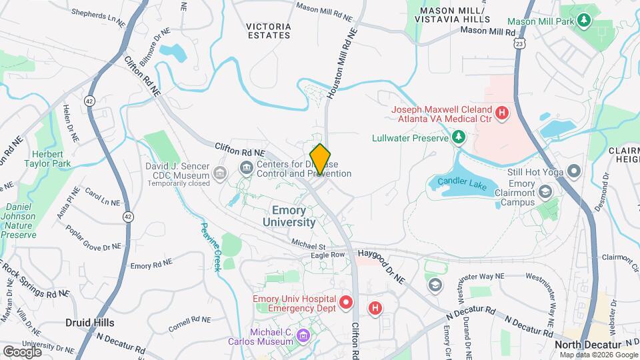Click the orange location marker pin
[320, 159]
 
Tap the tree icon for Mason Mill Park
[584, 20]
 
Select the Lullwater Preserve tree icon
[459, 137]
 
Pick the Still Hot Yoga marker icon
[574, 172]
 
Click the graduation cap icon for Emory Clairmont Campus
[546, 193]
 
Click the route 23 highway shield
[519, 43]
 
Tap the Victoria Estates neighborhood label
[269, 31]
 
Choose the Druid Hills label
[89, 323]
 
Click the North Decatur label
[587, 344]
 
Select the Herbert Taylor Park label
[47, 157]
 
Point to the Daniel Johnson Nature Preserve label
[18, 221]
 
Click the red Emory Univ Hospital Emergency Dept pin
[346, 303]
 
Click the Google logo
[22, 351]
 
